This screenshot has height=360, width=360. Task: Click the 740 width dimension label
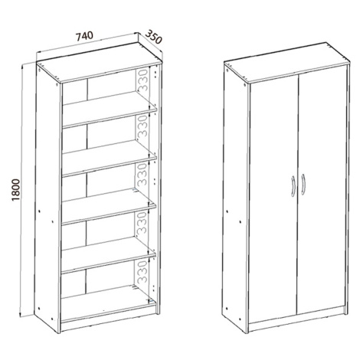pyautogui.click(x=84, y=36)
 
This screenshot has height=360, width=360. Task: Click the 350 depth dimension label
pyautogui.click(x=154, y=38)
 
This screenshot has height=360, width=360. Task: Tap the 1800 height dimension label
pyautogui.click(x=16, y=190)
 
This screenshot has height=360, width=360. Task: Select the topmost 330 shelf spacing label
pyautogui.click(x=142, y=80)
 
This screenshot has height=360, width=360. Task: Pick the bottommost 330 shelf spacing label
pyautogui.click(x=142, y=271)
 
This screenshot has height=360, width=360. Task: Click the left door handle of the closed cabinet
pyautogui.click(x=293, y=186)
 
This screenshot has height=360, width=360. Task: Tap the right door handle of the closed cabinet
pyautogui.click(x=303, y=185)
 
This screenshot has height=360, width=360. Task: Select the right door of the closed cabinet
pyautogui.click(x=322, y=188)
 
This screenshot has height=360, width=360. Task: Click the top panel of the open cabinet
pyautogui.click(x=99, y=62)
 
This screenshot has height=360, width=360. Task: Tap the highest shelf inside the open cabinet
pyautogui.click(x=109, y=109)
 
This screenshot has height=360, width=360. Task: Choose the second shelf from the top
pyautogui.click(x=109, y=157)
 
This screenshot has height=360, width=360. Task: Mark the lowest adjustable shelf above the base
pyautogui.click(x=108, y=254)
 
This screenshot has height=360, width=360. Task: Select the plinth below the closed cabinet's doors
pyautogui.click(x=297, y=319)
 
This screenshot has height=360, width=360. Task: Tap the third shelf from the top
pyautogui.click(x=109, y=206)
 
